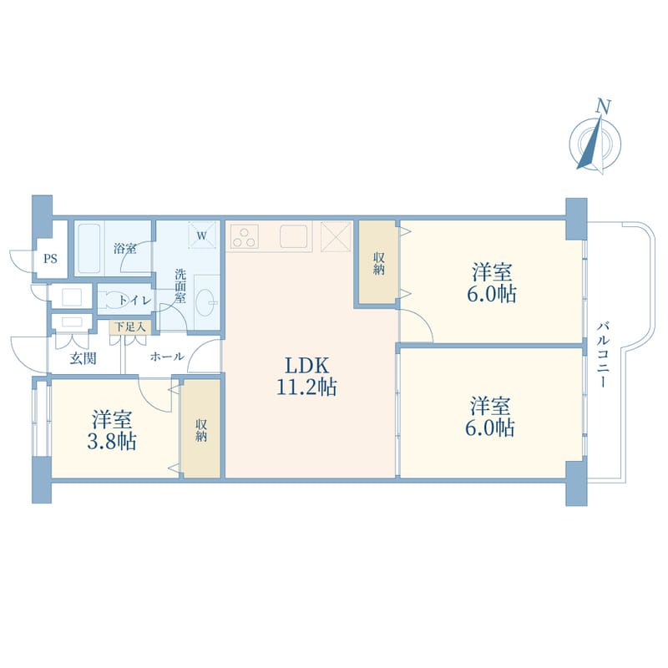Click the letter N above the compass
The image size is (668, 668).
click(x=603, y=106)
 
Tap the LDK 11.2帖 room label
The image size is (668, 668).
click(x=306, y=377)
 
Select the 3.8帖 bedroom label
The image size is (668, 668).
click(x=112, y=430)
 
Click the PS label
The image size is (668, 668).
click(x=50, y=259)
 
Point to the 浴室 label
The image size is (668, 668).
click(x=124, y=248)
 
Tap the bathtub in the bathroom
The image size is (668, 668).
click(x=89, y=248)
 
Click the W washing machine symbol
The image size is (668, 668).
click(x=202, y=235)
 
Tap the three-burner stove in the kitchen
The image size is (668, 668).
click(x=245, y=236)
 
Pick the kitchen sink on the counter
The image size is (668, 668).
click(x=294, y=236)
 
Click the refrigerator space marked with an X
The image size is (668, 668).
click(x=336, y=236)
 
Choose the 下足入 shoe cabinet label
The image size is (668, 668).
click(x=130, y=326)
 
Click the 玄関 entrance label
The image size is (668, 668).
click(x=83, y=359)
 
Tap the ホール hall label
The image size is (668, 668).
click(x=167, y=357)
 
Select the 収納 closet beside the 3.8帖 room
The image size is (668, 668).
click(x=201, y=429)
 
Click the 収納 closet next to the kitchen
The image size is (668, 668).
click(x=378, y=263)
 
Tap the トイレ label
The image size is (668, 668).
click(x=134, y=301)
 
